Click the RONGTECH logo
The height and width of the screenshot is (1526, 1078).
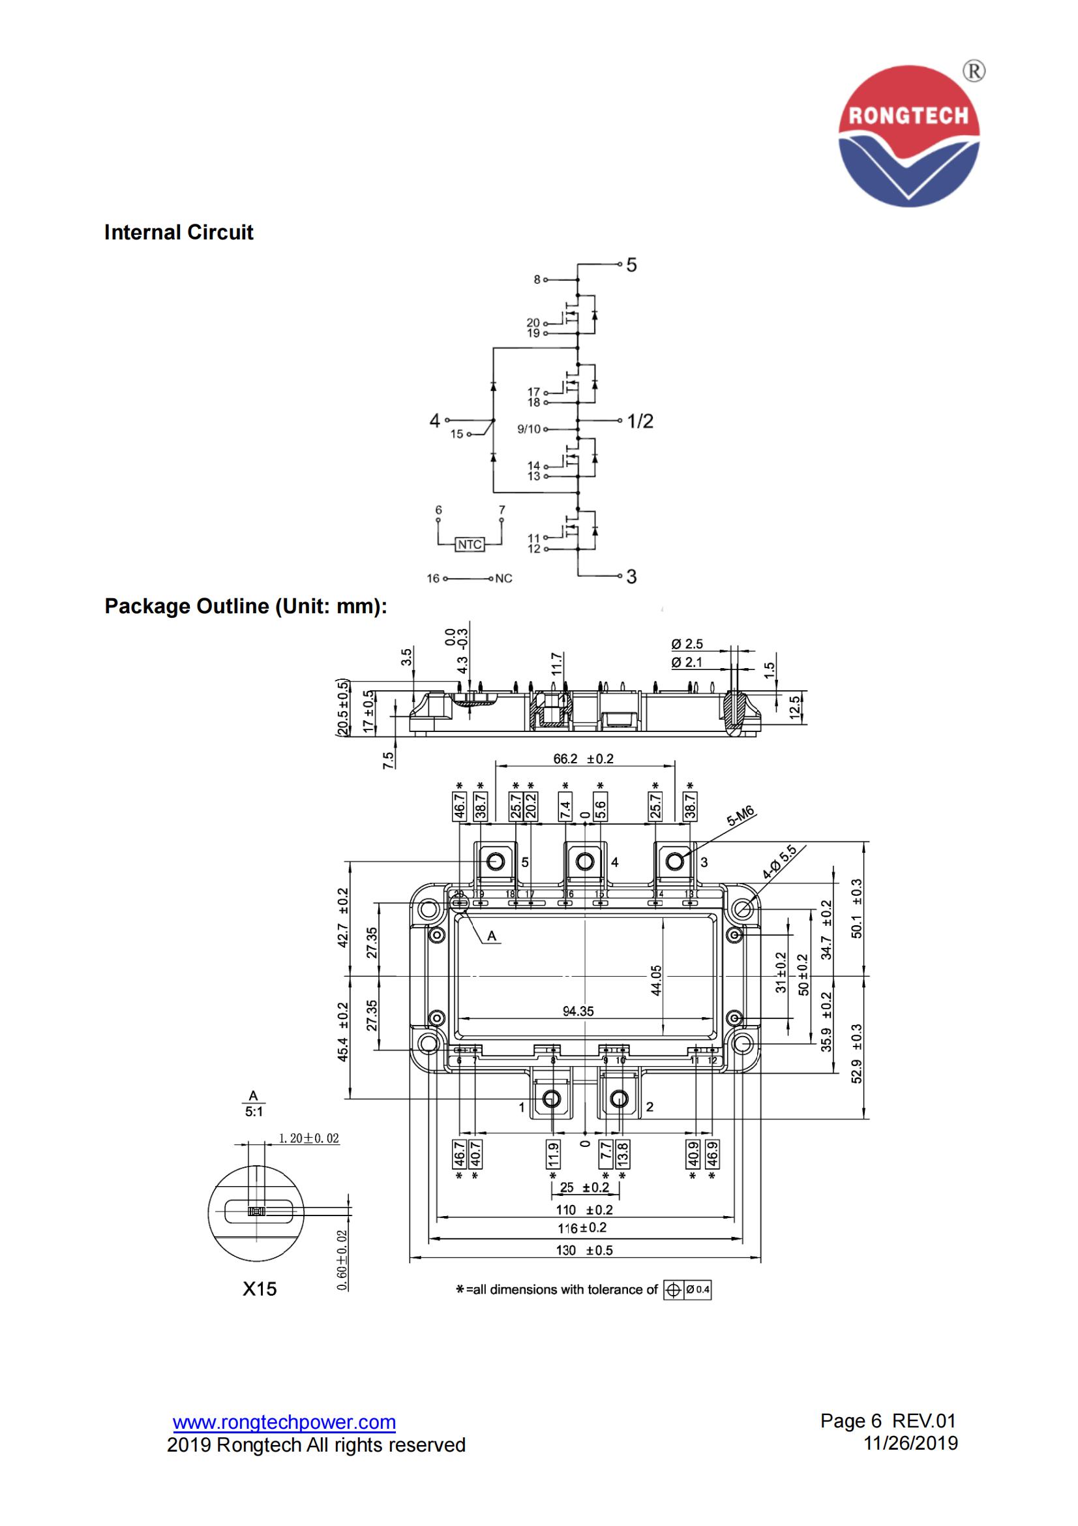pos(908,136)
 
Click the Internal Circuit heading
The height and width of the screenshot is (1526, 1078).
pos(179,233)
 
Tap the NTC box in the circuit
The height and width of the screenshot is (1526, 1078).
pos(470,544)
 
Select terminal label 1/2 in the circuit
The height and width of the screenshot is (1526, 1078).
pos(640,421)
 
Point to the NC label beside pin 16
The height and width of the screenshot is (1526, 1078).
pos(504,578)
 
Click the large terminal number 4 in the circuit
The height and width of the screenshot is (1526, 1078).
pos(434,420)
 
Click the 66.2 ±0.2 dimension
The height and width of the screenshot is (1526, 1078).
pos(584,758)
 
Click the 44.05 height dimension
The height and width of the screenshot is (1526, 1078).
pos(656,980)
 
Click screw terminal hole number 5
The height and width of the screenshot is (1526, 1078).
pos(496,862)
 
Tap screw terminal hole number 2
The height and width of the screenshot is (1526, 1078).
pos(619,1099)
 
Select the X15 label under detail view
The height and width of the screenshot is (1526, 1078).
pos(259,1289)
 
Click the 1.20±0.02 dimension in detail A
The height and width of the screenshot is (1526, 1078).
pos(308,1138)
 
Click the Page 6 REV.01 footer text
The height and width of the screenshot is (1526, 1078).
pos(888,1420)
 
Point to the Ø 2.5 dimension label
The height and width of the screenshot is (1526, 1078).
pos(687,644)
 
